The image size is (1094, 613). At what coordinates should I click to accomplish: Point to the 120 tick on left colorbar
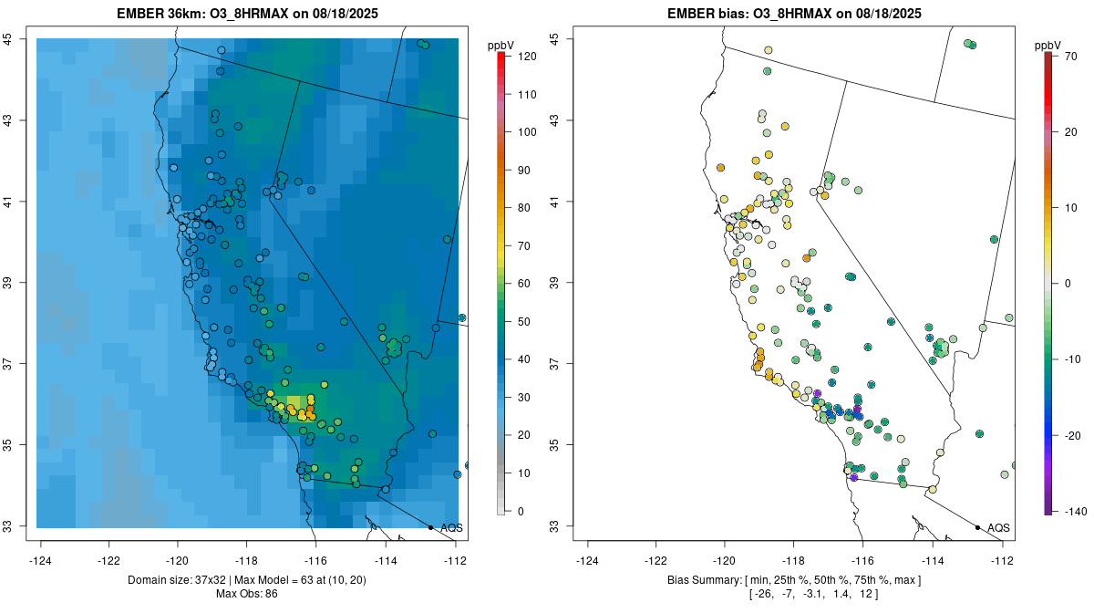coord(526,57)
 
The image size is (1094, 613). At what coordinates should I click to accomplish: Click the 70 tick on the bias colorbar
coord(1071,57)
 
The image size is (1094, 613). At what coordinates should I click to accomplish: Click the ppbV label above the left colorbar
coord(501,44)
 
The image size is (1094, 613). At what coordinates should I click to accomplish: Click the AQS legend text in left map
coord(452,528)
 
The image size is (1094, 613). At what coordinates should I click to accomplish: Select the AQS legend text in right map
coord(999,528)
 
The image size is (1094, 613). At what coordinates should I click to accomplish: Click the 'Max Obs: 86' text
coord(246,595)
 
